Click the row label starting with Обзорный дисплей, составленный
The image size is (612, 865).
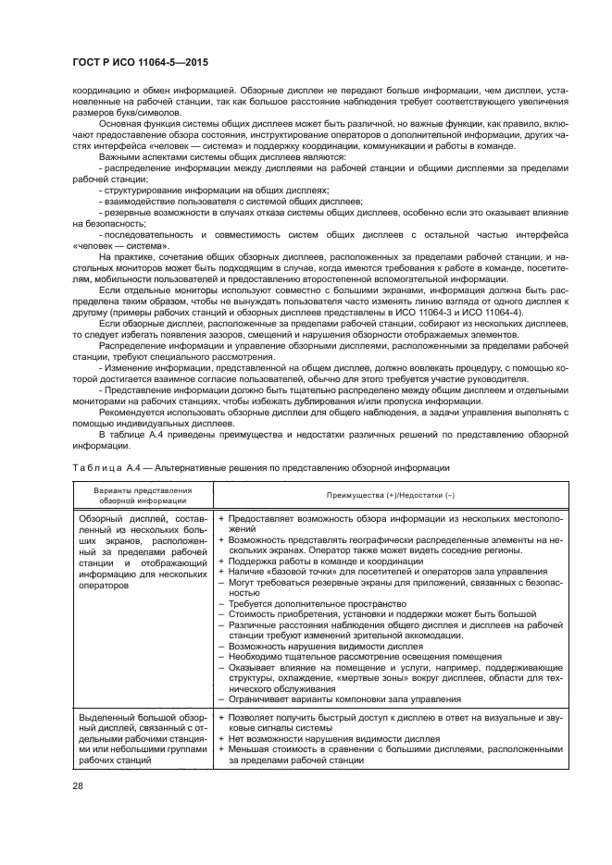143,550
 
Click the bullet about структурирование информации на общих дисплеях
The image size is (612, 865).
210,188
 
